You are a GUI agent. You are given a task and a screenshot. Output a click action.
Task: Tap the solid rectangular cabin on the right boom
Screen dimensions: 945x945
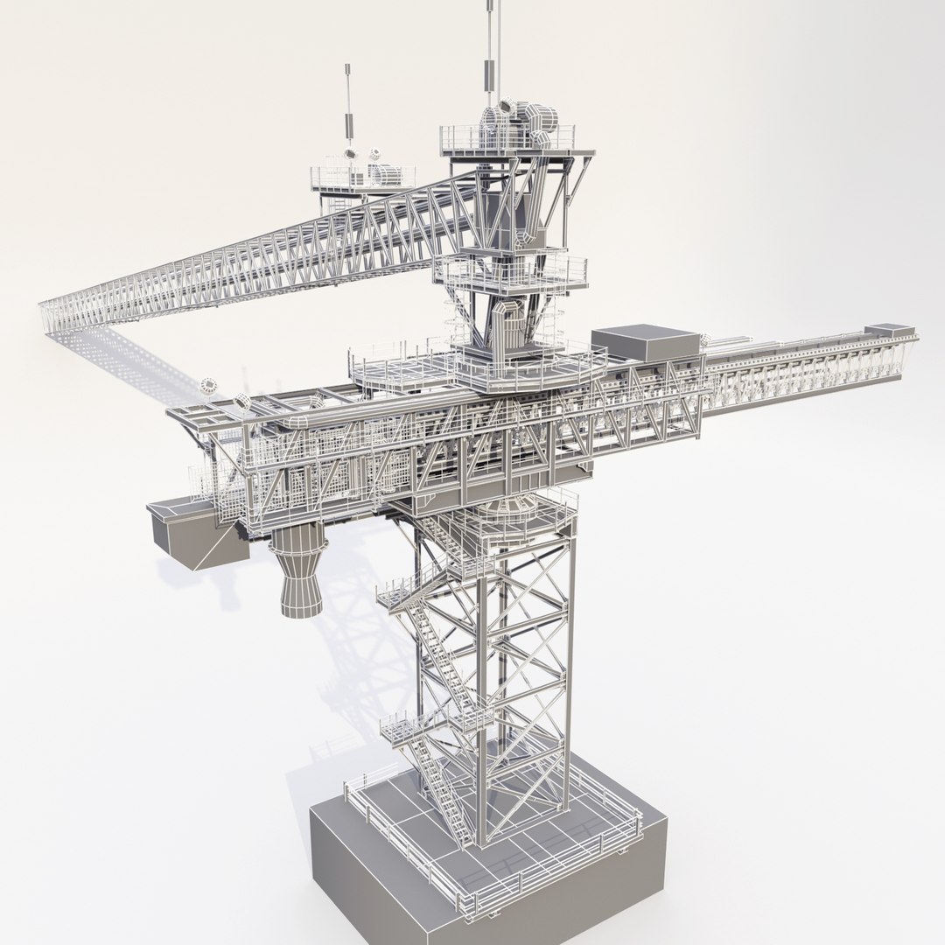click(646, 340)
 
